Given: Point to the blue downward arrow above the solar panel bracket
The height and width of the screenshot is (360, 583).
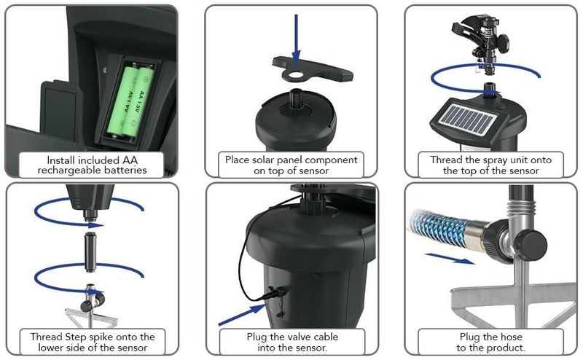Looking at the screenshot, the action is click(296, 40).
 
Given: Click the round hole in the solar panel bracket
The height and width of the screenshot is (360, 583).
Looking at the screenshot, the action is click(296, 74).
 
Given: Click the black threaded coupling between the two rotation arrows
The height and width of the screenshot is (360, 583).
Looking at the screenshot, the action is click(90, 251).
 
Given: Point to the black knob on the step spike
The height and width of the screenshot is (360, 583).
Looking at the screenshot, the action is click(86, 307).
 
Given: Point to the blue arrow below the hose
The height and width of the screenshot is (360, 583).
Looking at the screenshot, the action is click(450, 259).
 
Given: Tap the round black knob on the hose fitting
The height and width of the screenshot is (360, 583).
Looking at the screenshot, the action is click(531, 243).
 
